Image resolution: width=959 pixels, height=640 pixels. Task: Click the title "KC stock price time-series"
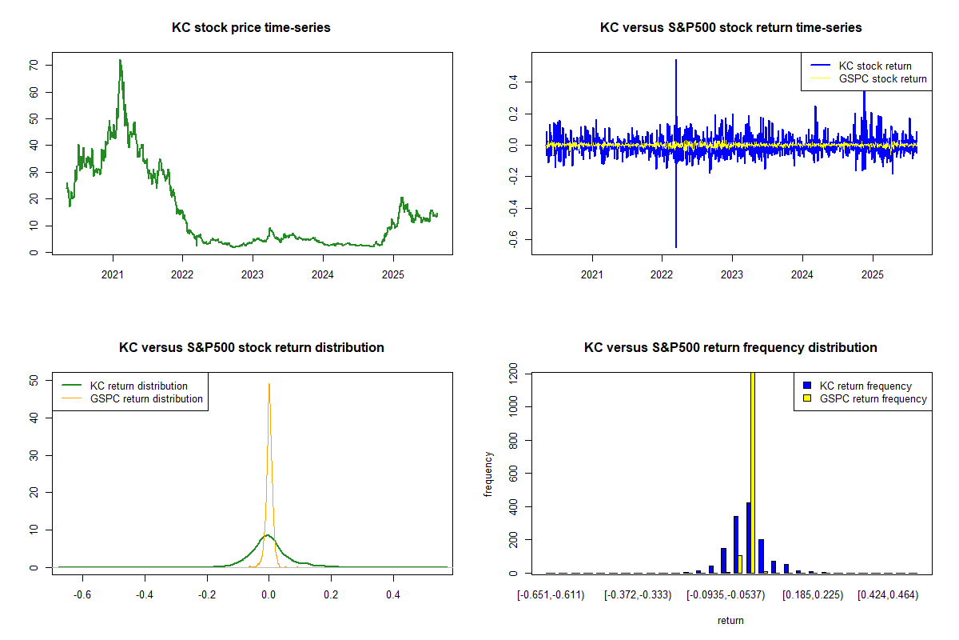pyautogui.click(x=251, y=28)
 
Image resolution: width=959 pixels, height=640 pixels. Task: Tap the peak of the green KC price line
pyautogui.click(x=120, y=60)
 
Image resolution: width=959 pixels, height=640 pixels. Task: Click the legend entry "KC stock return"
pyautogui.click(x=874, y=66)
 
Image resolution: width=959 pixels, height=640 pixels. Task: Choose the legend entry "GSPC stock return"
pyautogui.click(x=882, y=79)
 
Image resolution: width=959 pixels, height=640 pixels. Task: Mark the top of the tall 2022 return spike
pyautogui.click(x=676, y=60)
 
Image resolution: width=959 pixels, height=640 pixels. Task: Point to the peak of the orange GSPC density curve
pyautogui.click(x=269, y=384)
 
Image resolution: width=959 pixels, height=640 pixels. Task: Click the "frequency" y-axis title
pyautogui.click(x=488, y=474)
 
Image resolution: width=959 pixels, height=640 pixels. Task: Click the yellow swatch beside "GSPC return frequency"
pyautogui.click(x=809, y=399)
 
